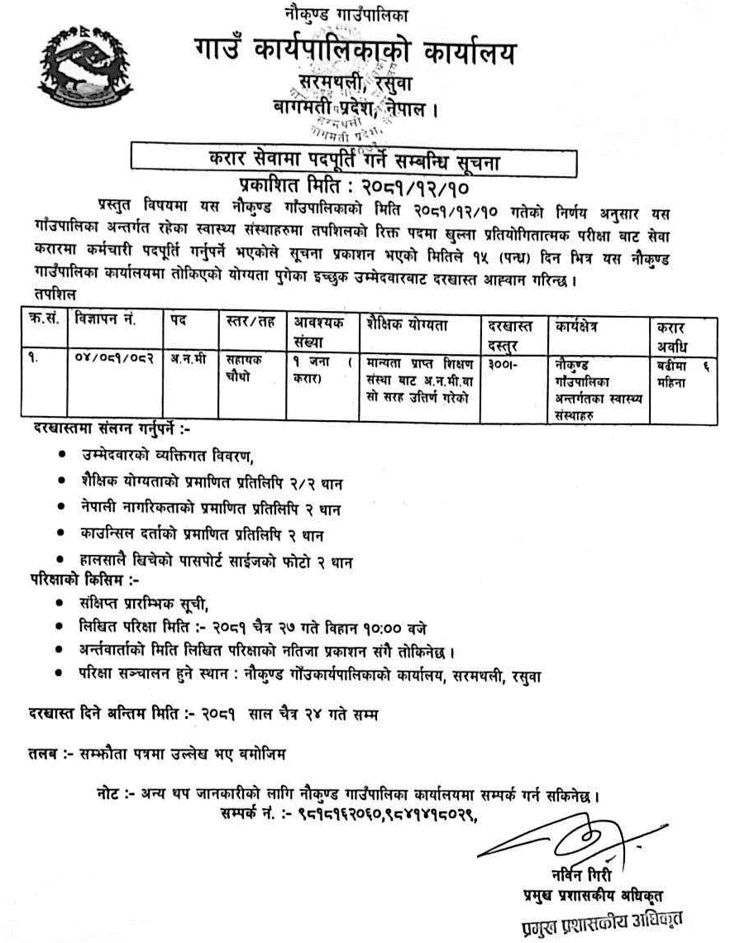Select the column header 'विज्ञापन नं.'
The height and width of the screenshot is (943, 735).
[105, 318]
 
